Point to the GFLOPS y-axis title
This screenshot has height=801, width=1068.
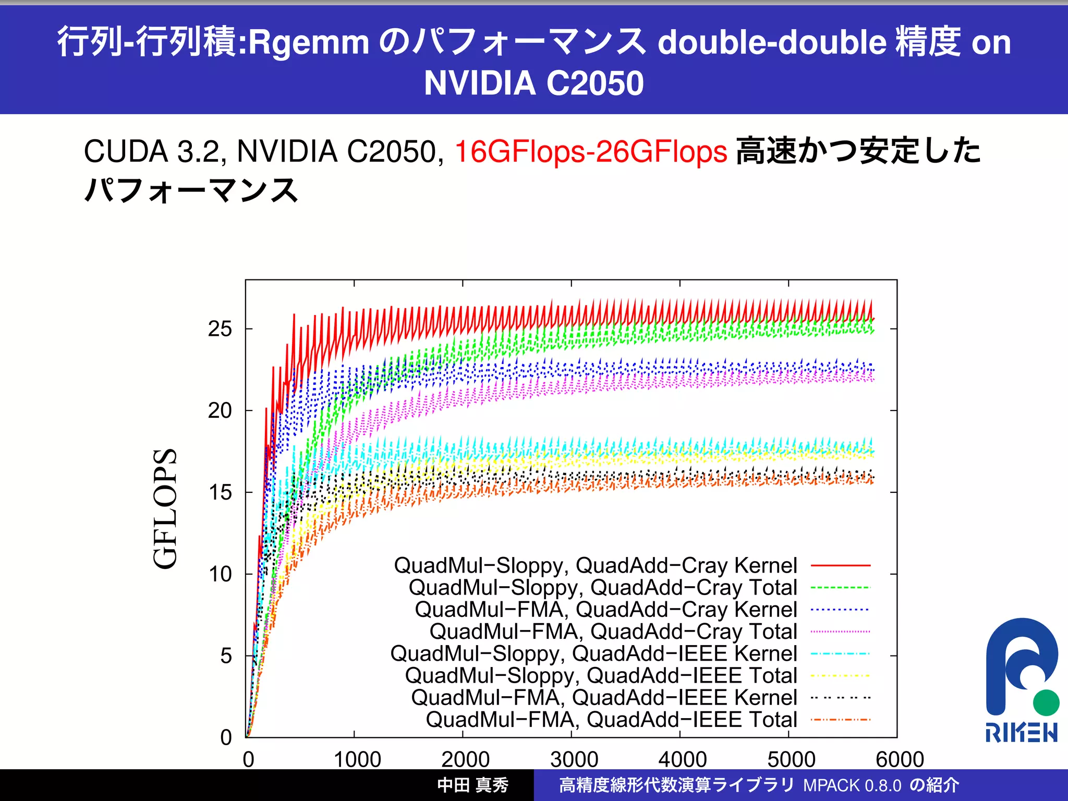coord(166,508)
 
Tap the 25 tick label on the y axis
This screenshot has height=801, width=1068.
coord(220,329)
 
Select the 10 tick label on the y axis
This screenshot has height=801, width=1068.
coord(220,574)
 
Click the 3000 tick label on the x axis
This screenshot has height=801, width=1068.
coord(574,759)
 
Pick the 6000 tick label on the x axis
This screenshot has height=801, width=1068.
coord(900,759)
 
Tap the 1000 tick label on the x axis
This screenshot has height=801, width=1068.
coord(357,759)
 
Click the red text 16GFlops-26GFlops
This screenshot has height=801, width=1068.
coord(590,152)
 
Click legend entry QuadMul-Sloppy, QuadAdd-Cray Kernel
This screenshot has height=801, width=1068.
coord(595,565)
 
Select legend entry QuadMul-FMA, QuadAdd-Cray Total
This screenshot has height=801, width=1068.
coord(613,632)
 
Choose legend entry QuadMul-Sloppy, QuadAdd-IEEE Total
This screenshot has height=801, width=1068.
coord(601,675)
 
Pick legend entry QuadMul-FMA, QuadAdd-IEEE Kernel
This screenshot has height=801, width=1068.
coord(604,698)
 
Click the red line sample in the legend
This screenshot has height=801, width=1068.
coord(840,565)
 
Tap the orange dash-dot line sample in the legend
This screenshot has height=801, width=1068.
coord(840,720)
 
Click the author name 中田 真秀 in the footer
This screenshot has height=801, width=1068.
coord(472,785)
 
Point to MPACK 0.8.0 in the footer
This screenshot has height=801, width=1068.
coord(852,785)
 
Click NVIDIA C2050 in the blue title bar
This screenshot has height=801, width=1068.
coord(533,83)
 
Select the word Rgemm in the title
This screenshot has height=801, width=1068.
coord(308,43)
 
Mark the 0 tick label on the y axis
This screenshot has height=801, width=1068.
coord(226,737)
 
